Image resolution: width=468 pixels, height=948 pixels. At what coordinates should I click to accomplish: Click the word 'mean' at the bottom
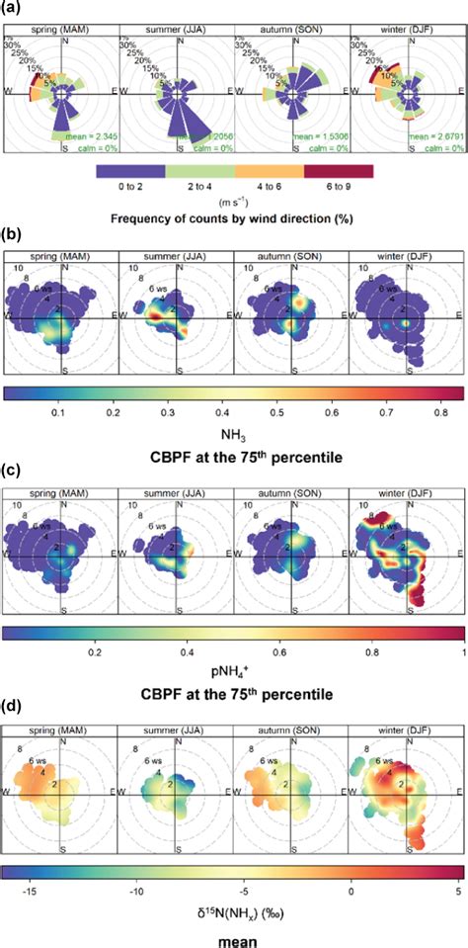coord(234,940)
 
